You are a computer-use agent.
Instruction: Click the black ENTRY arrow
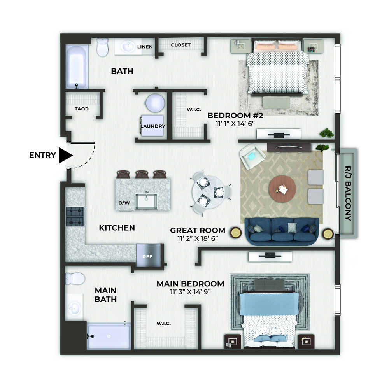65,155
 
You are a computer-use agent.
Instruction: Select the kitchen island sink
146,201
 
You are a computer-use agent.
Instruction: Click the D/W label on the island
124,203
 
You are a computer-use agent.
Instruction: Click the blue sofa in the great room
282,231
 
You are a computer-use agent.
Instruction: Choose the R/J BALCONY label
348,193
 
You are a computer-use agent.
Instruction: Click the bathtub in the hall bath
76,67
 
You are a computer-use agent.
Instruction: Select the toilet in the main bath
75,279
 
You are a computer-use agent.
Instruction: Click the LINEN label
145,47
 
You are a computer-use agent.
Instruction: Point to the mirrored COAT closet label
81,109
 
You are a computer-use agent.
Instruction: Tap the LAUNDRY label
153,126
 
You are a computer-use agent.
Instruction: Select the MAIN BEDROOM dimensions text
190,291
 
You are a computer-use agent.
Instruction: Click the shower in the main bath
109,336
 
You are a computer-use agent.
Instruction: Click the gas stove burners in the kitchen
75,216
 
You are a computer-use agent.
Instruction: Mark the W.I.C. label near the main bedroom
163,324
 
